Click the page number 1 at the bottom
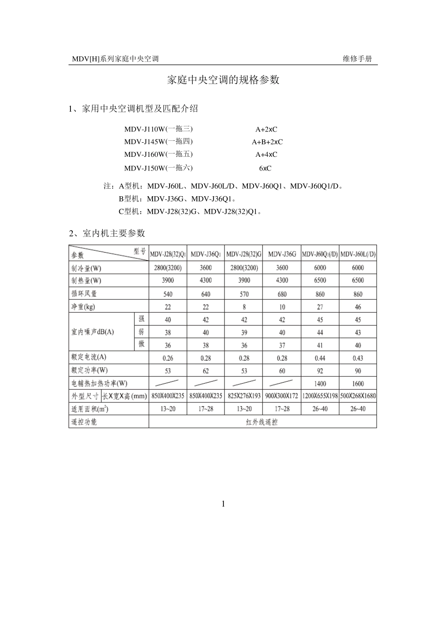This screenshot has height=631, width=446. click(x=223, y=504)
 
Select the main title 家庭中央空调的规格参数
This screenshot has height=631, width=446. click(x=223, y=80)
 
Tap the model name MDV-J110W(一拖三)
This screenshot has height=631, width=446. click(x=158, y=129)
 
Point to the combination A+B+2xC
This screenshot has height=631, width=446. click(x=267, y=142)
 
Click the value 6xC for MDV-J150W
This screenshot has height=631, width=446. click(x=265, y=168)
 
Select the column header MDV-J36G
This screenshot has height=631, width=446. click(x=282, y=254)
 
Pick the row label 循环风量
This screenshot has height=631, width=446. click(x=84, y=293)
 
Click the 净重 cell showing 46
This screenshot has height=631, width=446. click(x=358, y=307)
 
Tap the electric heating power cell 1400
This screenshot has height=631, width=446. click(x=319, y=384)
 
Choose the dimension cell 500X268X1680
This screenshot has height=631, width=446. click(x=358, y=396)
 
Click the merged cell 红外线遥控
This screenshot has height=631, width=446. click(x=262, y=422)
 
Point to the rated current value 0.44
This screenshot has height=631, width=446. click(x=320, y=358)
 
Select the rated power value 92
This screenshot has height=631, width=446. click(x=320, y=370)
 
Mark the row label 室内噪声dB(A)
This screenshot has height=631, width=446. click(x=93, y=332)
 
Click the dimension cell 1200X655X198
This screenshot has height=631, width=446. click(x=320, y=396)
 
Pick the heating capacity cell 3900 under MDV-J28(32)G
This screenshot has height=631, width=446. click(x=244, y=280)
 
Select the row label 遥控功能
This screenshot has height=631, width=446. click(x=84, y=422)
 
